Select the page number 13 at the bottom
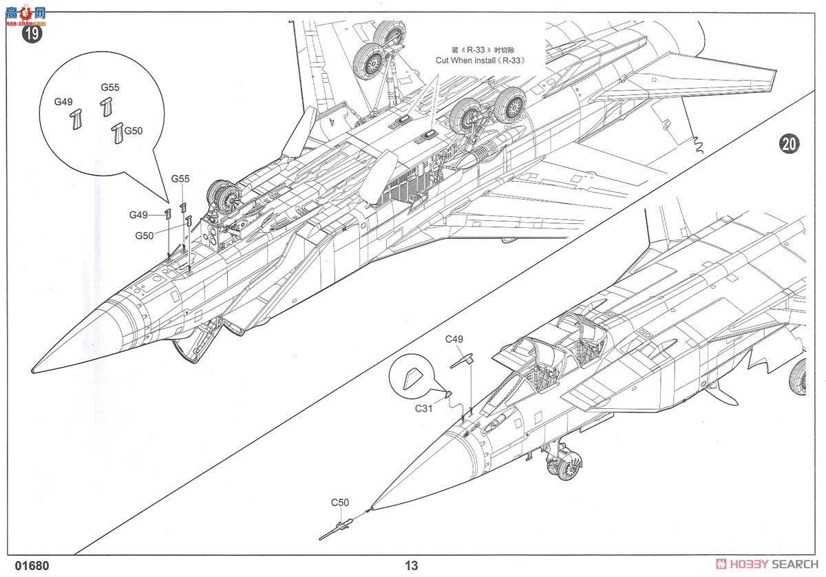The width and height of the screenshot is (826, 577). pos(411,565)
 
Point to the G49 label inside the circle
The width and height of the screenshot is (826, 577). pos(63,102)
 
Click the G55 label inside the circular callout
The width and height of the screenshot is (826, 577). pos(110,87)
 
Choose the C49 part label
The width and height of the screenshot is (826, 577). pos(454,339)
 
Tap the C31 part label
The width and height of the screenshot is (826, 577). pos(424,408)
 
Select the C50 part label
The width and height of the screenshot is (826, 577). pos(340,503)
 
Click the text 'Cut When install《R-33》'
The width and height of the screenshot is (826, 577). pos(480,60)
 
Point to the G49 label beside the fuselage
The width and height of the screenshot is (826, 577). pos(139,215)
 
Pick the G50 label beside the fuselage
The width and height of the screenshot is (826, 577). pos(144,235)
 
